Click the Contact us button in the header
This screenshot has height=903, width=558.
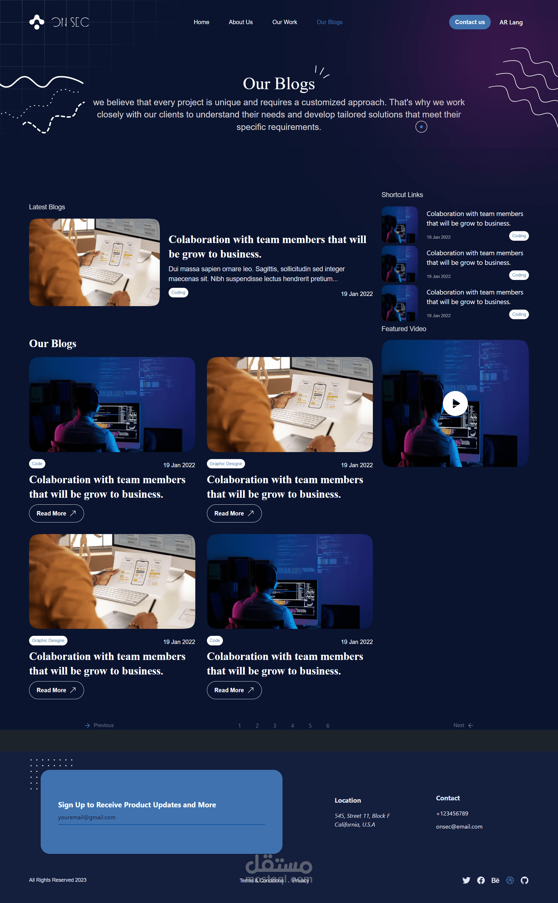click(x=469, y=22)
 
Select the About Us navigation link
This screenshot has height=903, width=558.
click(x=241, y=22)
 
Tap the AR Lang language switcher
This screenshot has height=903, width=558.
click(x=511, y=22)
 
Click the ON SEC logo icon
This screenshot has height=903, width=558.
click(x=37, y=22)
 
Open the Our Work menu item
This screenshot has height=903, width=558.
click(x=285, y=22)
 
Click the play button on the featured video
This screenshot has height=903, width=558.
click(x=455, y=403)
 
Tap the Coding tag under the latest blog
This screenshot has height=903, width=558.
click(x=178, y=292)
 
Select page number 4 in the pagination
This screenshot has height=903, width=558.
click(x=292, y=725)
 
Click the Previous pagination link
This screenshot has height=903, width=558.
click(x=99, y=725)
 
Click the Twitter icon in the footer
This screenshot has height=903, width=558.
click(x=466, y=880)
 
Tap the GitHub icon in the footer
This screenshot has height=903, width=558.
click(x=524, y=880)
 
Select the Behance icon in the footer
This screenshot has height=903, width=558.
click(x=495, y=880)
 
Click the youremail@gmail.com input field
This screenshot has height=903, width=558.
click(x=161, y=817)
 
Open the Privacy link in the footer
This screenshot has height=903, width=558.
click(x=301, y=881)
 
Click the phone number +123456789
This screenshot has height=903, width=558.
click(x=452, y=813)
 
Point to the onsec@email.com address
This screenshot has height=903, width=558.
click(x=459, y=827)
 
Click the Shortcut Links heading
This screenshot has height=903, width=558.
click(x=402, y=194)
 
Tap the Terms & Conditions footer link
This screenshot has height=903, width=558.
click(x=262, y=881)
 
